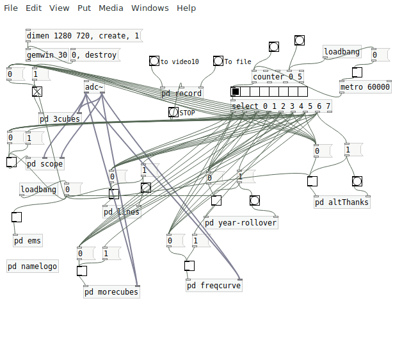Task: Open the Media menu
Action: [111, 8]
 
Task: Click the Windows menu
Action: [150, 8]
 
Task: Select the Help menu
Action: [186, 8]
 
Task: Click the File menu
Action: [11, 8]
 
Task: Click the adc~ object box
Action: [94, 87]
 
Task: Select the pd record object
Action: [181, 94]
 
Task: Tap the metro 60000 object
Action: [365, 87]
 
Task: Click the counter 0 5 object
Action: [277, 77]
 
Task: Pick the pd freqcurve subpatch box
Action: [214, 286]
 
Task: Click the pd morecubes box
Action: [111, 292]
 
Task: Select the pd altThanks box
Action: [342, 202]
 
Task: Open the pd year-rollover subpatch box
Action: [241, 223]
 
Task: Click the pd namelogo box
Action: [33, 266]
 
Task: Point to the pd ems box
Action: [28, 241]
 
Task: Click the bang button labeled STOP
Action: [173, 112]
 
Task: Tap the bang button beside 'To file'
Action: [218, 61]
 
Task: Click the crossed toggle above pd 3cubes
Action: [37, 91]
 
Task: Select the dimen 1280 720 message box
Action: [83, 36]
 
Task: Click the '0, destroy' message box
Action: [95, 55]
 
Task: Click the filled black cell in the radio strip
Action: [236, 92]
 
